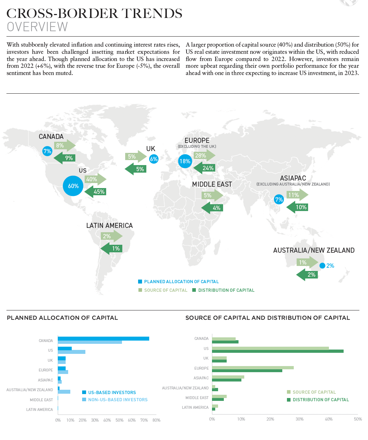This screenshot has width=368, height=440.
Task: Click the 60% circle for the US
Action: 73,186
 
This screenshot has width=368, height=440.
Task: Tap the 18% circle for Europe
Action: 185,161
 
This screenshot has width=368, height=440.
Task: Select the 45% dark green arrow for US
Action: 95,192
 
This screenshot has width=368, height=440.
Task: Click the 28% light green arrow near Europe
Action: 204,155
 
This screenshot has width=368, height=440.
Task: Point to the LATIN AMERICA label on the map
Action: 109,225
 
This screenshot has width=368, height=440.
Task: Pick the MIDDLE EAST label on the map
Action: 212,184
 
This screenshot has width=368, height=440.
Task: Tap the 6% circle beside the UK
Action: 154,159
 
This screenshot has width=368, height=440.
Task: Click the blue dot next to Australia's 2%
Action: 322,266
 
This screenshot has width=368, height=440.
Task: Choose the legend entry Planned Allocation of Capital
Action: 181,282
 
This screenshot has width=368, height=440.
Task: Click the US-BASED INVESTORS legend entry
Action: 112,393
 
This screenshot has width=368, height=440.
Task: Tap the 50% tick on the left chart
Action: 119,420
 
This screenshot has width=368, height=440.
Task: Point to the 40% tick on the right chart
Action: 329,419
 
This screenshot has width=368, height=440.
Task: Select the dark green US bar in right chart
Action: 278,351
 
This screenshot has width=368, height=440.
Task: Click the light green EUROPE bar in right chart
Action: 253,368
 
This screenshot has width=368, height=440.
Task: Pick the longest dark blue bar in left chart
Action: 103,338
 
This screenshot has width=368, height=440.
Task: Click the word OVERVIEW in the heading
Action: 37,27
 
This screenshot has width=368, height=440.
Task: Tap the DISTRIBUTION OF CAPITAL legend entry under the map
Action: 226,290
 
